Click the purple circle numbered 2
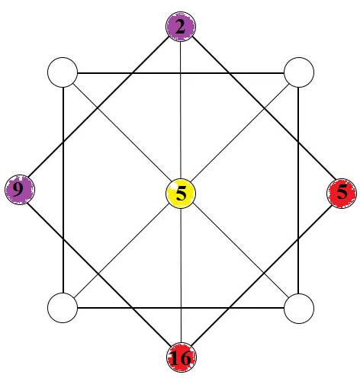click(181, 27)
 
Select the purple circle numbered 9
click(20, 190)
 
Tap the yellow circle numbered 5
click(181, 194)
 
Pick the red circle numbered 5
click(342, 194)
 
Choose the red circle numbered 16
click(182, 357)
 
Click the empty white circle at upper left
click(63, 72)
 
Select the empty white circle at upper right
click(299, 72)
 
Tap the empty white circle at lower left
click(63, 308)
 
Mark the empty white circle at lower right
click(299, 309)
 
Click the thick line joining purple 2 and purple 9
click(99, 107)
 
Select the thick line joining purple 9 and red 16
click(98, 274)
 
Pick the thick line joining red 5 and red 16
click(262, 275)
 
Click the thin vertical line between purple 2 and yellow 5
click(181, 110)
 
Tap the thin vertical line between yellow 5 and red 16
click(181, 275)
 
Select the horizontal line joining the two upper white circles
click(181, 73)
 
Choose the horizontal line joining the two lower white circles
click(181, 309)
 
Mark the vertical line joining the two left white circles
click(63, 190)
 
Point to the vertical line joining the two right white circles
click(298, 191)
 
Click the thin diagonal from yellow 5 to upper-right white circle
click(240, 133)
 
